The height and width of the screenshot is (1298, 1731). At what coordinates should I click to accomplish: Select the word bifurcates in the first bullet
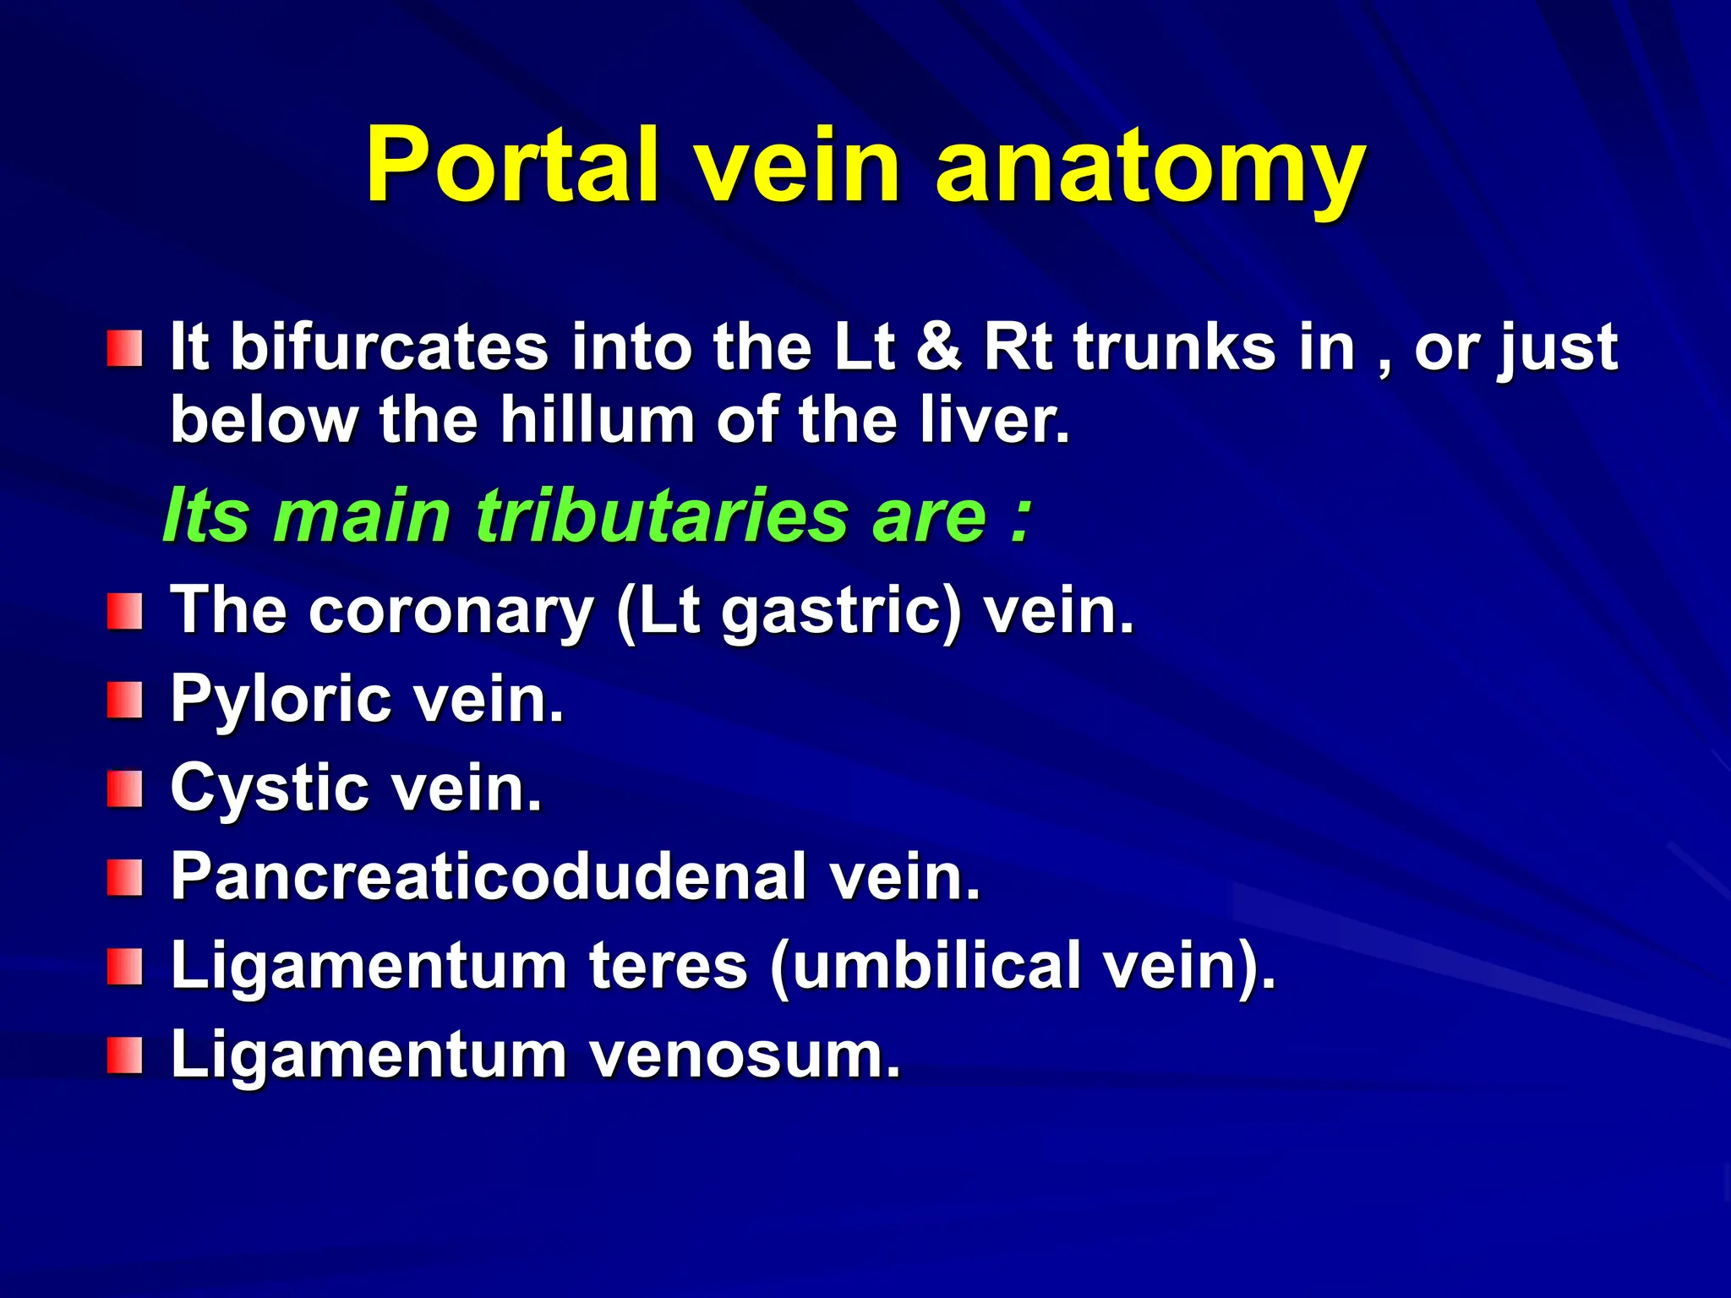pyautogui.click(x=389, y=346)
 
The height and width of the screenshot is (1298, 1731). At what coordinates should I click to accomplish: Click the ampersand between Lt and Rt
pyautogui.click(x=938, y=346)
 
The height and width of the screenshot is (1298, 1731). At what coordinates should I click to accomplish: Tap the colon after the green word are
pyautogui.click(x=1021, y=517)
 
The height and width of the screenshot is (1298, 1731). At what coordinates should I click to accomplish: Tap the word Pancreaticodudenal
pyautogui.click(x=489, y=876)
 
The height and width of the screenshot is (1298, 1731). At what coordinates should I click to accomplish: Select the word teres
pyautogui.click(x=668, y=965)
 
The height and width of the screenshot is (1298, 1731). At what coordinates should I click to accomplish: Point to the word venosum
pyautogui.click(x=745, y=1055)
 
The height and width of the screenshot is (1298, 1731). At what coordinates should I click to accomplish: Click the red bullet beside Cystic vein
pyautogui.click(x=124, y=789)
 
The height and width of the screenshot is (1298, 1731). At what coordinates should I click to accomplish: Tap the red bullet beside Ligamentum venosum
pyautogui.click(x=124, y=1056)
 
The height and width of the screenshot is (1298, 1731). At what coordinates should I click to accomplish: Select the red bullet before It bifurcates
pyautogui.click(x=124, y=348)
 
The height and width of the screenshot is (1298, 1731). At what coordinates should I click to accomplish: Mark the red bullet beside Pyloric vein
pyautogui.click(x=124, y=701)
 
